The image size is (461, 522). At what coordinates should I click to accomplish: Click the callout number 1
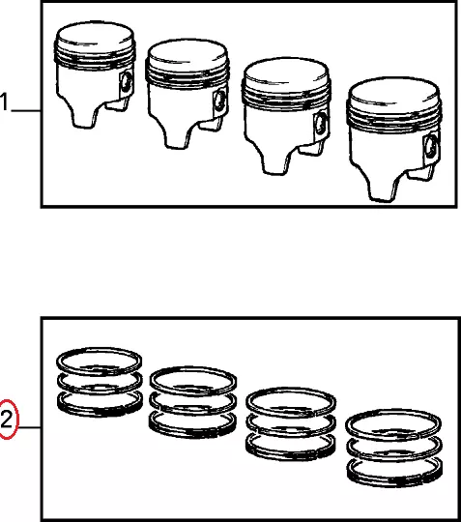coord(4,101)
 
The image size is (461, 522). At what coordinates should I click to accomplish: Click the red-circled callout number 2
coord(7,420)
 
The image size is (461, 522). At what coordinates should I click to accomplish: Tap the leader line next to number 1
coord(26,110)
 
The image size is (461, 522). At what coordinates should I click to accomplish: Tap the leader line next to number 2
coord(30,427)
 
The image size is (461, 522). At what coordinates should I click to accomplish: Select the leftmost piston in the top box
coord(95,74)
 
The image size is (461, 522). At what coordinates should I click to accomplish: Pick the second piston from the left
coord(187,94)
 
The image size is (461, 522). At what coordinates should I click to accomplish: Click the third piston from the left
coord(286,116)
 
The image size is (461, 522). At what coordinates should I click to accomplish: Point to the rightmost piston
coord(394,139)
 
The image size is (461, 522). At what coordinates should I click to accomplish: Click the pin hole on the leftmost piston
coord(126,83)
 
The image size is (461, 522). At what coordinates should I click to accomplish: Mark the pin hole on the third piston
coord(321,124)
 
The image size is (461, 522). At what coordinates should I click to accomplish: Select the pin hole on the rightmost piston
coord(431,146)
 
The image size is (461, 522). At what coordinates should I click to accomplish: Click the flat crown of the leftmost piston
coord(95,35)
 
